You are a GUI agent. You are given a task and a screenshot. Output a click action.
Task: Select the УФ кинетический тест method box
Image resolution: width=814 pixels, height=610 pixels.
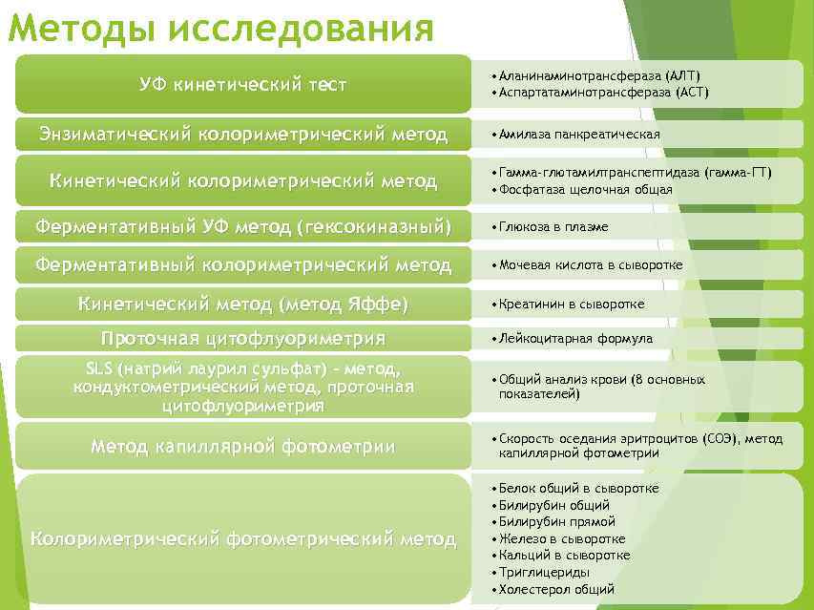click(x=243, y=85)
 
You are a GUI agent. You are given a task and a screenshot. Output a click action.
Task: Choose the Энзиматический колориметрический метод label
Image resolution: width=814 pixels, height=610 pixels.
click(x=243, y=134)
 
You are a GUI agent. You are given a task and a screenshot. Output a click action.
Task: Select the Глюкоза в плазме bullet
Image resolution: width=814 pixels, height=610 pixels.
click(x=553, y=227)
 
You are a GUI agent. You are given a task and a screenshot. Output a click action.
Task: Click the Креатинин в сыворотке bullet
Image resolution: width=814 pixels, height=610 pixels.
click(x=572, y=304)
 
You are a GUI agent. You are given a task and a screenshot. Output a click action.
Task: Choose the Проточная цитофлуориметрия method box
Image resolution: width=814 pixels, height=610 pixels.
click(x=243, y=338)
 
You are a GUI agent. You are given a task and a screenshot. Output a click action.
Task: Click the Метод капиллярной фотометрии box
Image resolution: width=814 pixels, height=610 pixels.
click(x=243, y=446)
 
